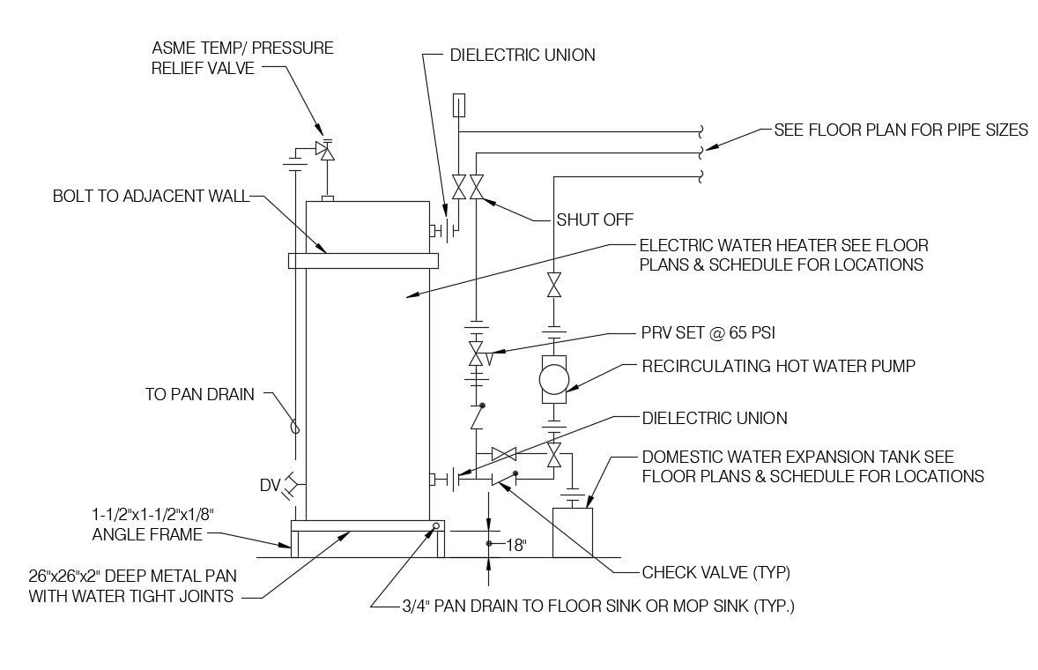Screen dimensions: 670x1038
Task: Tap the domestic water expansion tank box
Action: click(573, 532)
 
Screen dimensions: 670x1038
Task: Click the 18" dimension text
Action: click(515, 545)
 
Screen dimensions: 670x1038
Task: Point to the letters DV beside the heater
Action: click(270, 484)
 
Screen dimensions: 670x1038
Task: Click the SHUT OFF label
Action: click(595, 220)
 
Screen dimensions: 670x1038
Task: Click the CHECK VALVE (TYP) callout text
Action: click(715, 573)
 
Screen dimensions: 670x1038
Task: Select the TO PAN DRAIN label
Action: click(200, 395)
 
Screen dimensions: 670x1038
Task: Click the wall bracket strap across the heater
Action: click(362, 261)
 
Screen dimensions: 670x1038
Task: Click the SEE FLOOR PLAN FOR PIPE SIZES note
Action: click(901, 130)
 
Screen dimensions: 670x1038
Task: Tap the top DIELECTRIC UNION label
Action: click(523, 55)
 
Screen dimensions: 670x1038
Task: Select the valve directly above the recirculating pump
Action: click(554, 286)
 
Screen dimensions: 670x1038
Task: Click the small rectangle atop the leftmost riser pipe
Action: click(458, 106)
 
